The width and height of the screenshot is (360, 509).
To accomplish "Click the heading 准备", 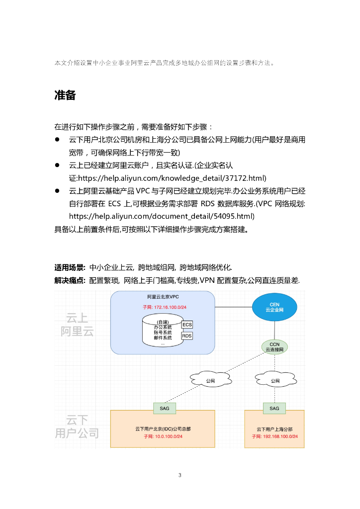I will tap(65, 96).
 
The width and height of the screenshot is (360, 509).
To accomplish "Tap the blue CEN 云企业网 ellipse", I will tap(274, 307).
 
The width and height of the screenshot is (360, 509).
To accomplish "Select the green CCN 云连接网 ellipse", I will tap(274, 347).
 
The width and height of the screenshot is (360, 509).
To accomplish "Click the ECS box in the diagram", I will tap(187, 325).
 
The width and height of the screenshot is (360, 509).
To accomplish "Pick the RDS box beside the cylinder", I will tap(187, 336).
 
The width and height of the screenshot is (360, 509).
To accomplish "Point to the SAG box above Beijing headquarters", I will tap(164, 408).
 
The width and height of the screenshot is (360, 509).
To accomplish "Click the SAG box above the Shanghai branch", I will tap(274, 408).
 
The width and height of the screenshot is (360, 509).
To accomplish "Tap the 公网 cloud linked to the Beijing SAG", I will tap(210, 381).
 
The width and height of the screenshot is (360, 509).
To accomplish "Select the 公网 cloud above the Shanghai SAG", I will tap(274, 381).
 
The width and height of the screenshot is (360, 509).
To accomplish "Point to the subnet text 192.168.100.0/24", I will tap(274, 436).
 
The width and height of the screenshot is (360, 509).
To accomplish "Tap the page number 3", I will tap(180, 475).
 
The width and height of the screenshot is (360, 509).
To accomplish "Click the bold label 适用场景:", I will tap(70, 267).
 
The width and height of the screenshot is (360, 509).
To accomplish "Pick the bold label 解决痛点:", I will tap(70, 281).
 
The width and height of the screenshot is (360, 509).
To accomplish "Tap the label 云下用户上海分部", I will tap(274, 428).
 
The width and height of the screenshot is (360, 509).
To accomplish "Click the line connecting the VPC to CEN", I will tap(233, 308).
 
